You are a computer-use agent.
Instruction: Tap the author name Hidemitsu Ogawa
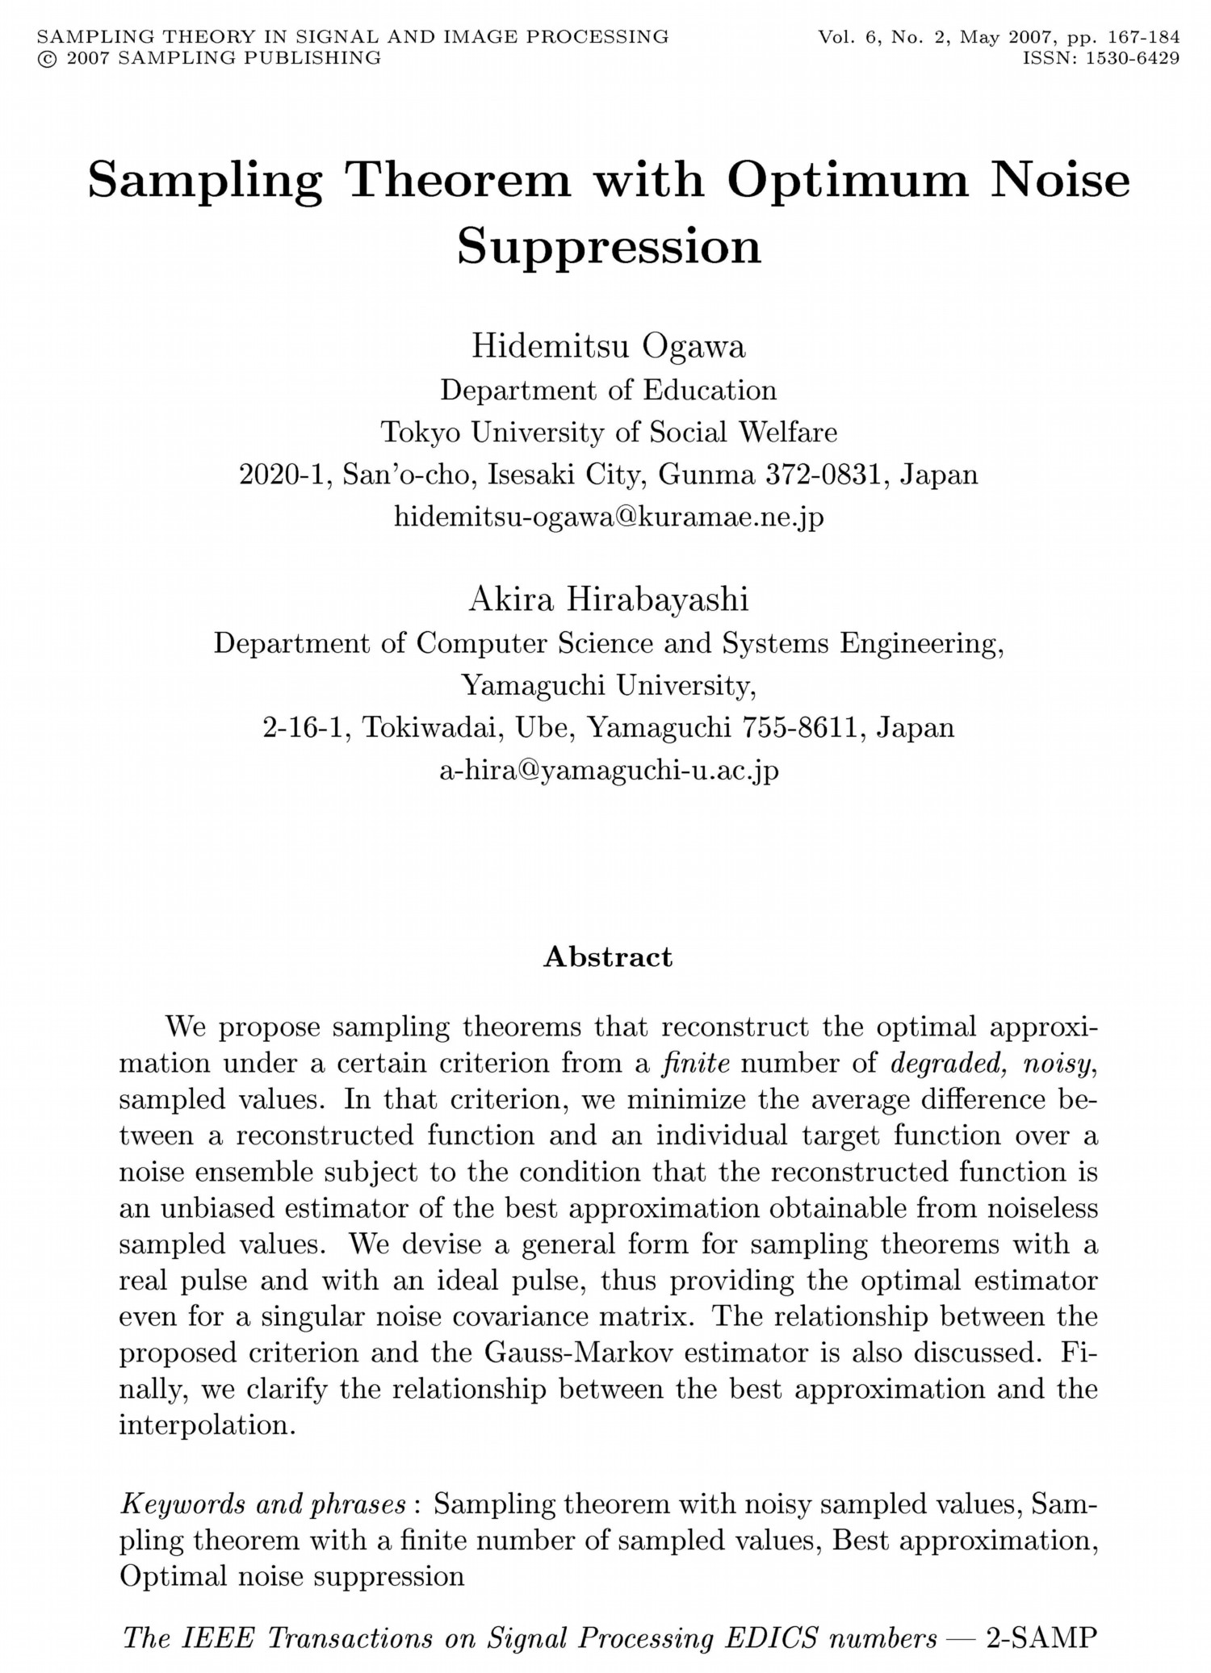(x=609, y=347)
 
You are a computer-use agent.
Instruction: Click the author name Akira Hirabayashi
(x=609, y=600)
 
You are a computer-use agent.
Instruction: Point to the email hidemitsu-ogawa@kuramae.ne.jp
(x=609, y=516)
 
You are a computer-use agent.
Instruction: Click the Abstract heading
(x=608, y=956)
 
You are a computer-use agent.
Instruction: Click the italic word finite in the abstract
(x=695, y=1064)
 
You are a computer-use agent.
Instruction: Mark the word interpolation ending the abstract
(x=205, y=1424)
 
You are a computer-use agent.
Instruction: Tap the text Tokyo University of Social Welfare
(x=609, y=432)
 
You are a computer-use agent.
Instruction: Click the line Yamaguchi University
(x=609, y=685)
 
